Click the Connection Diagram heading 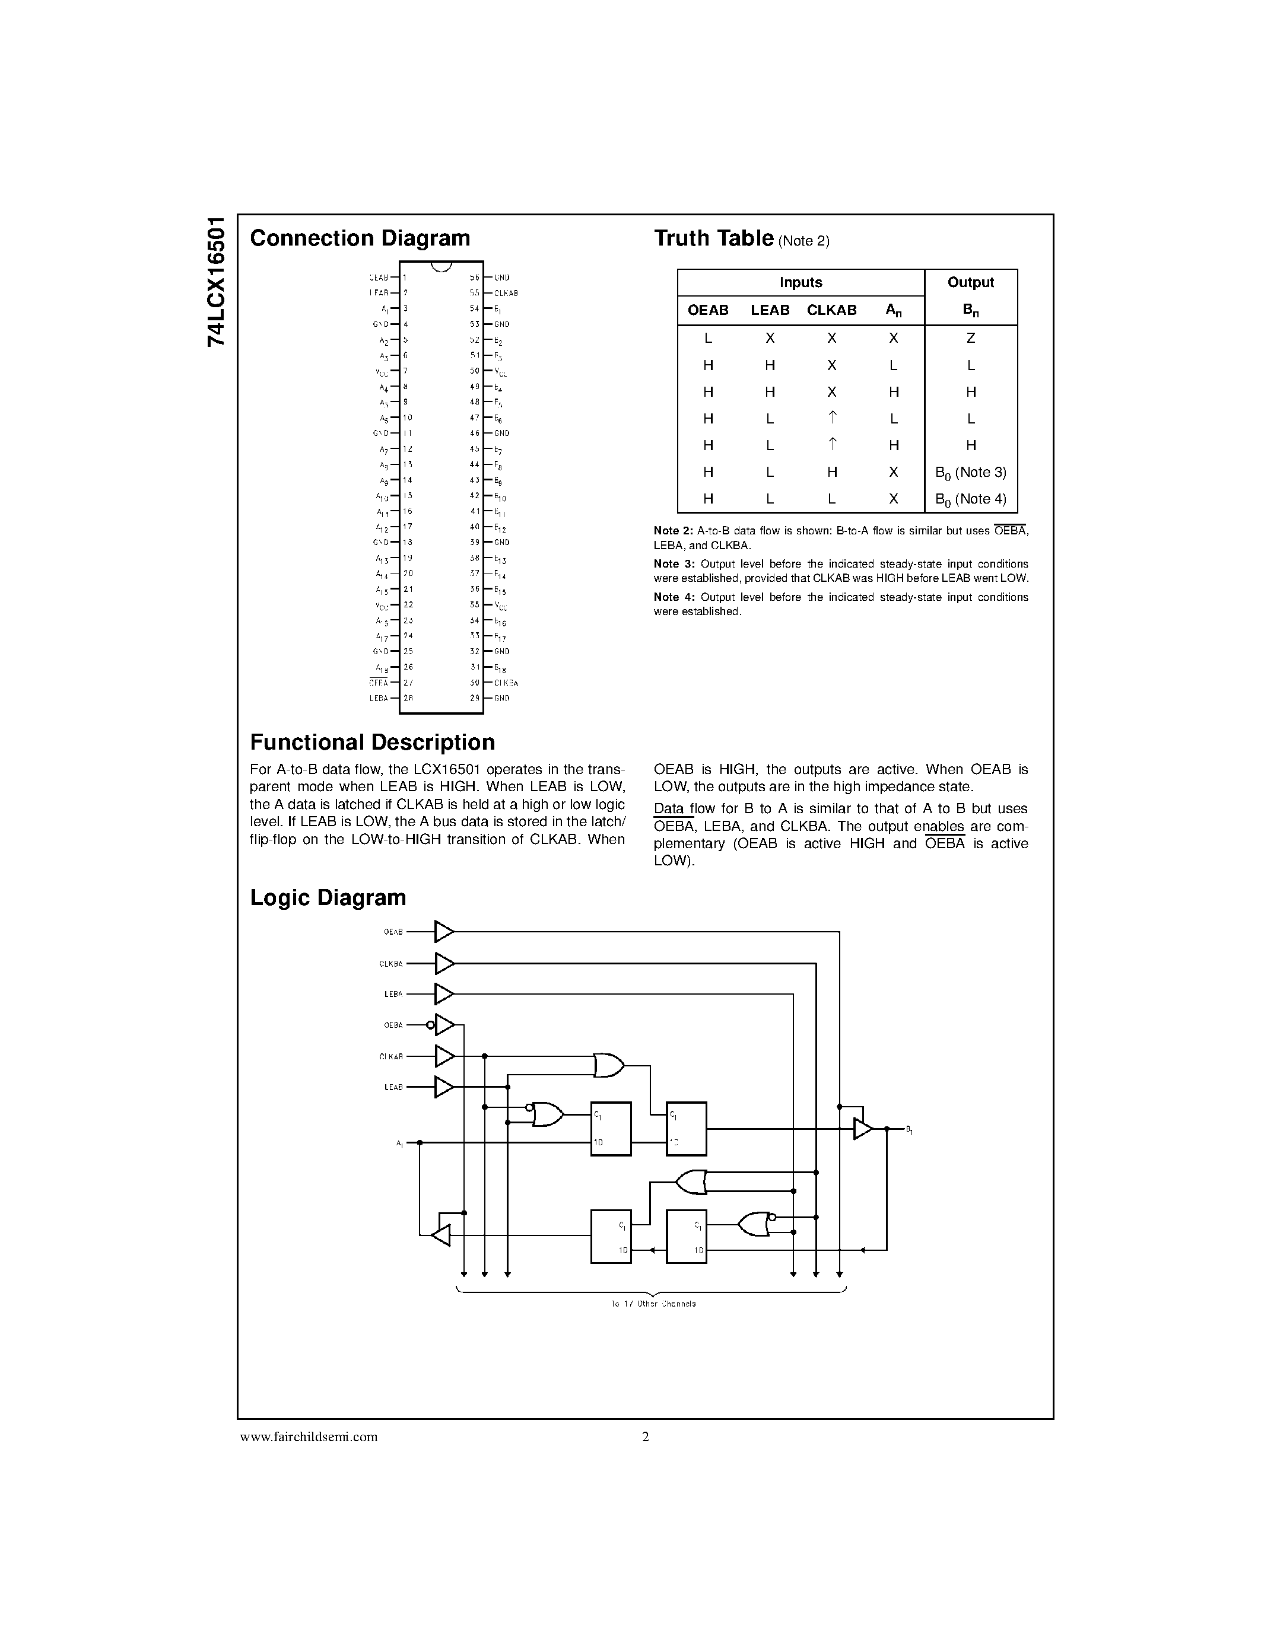click(x=360, y=238)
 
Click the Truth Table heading click(x=713, y=238)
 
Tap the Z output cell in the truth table click(x=970, y=338)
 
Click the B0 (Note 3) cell click(x=970, y=473)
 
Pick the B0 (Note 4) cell click(x=970, y=499)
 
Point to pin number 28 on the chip click(x=408, y=698)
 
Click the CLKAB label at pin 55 click(x=506, y=294)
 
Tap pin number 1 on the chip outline click(x=404, y=277)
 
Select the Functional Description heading click(x=372, y=743)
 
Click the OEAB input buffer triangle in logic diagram click(x=444, y=932)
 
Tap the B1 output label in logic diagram click(x=909, y=1130)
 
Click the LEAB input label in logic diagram click(x=393, y=1087)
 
